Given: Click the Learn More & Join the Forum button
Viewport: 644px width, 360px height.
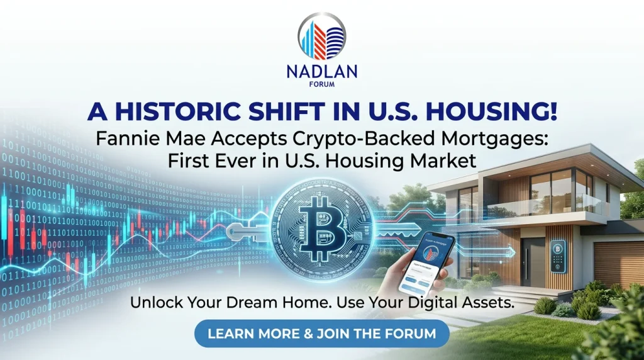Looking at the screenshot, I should point(321,334).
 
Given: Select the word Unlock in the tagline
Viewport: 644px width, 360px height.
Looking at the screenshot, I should point(153,303).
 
